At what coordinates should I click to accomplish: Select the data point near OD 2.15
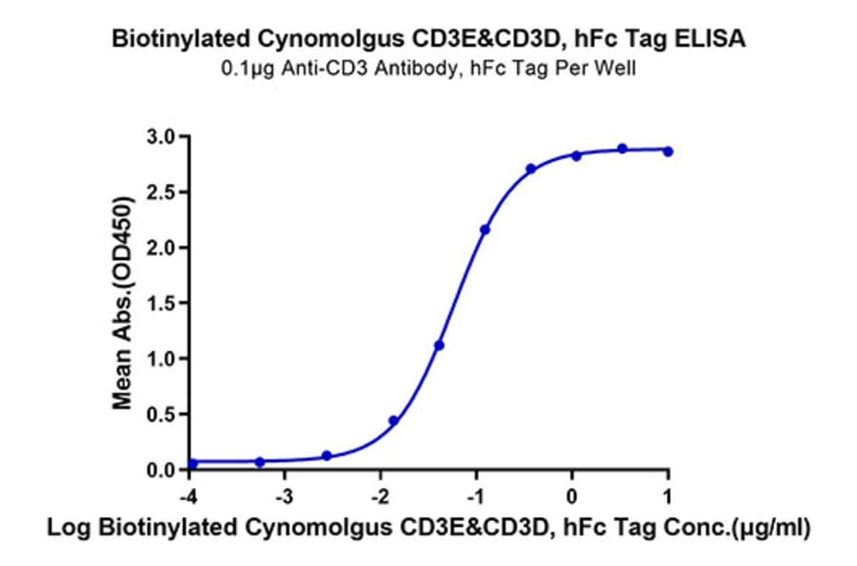pos(486,230)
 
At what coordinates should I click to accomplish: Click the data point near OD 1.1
pos(439,345)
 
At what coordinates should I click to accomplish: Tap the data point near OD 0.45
pos(393,420)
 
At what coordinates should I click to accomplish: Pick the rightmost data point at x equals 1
pos(668,151)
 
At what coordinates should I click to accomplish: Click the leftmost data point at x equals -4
pos(192,464)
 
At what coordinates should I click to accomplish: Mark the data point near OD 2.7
pos(530,169)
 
